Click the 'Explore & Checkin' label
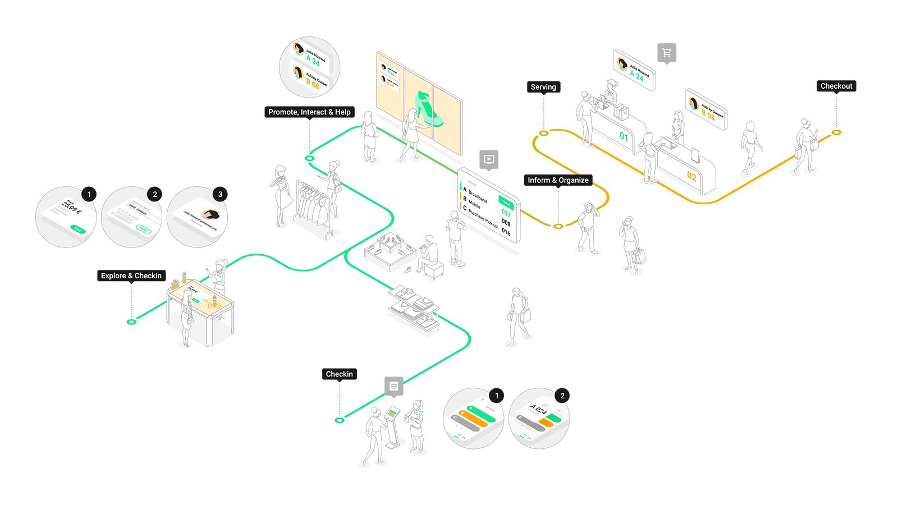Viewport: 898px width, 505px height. [x=131, y=276]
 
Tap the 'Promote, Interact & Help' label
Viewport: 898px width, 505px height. [x=309, y=112]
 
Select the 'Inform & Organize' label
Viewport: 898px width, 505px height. [x=558, y=180]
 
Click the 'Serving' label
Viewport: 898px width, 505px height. [x=543, y=87]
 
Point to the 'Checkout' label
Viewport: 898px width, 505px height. [x=836, y=86]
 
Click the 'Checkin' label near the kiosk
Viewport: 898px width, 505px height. [x=340, y=374]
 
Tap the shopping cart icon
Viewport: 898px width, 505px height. [x=667, y=53]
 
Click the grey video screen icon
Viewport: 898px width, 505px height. [x=489, y=159]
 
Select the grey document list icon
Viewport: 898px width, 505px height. [x=394, y=386]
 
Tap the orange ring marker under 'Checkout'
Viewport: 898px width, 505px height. [x=837, y=132]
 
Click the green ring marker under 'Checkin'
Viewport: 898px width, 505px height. [x=340, y=420]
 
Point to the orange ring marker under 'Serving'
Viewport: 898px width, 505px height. [x=543, y=133]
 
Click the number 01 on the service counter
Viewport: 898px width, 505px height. [x=624, y=136]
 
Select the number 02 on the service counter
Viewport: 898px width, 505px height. [x=691, y=176]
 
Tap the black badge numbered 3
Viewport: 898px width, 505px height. [x=220, y=194]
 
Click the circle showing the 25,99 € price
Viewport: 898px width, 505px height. [x=66, y=217]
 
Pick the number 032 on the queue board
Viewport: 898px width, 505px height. [x=506, y=213]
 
